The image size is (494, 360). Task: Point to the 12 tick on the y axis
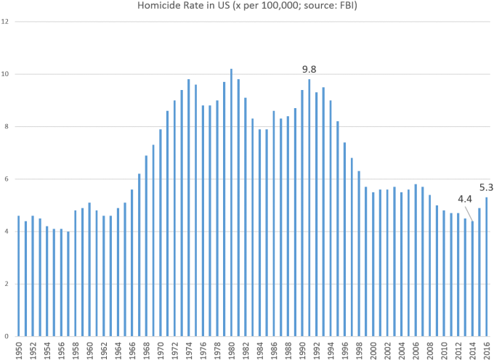pyautogui.click(x=5, y=22)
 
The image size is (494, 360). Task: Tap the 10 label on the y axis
pyautogui.click(x=5, y=74)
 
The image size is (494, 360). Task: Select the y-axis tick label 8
pyautogui.click(x=5, y=127)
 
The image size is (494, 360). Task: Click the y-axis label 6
pyautogui.click(x=5, y=179)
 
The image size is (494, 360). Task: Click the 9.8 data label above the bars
pyautogui.click(x=309, y=69)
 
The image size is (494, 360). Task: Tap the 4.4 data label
pyautogui.click(x=464, y=199)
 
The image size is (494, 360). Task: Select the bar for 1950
pyautogui.click(x=19, y=276)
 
